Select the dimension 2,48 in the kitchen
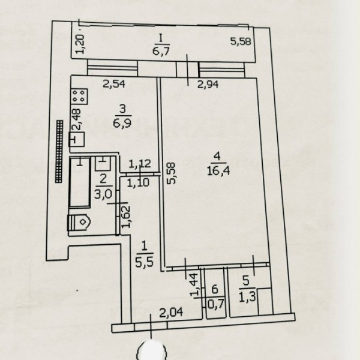coord(77,123)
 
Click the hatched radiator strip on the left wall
coord(58,151)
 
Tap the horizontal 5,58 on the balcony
coord(242,41)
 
